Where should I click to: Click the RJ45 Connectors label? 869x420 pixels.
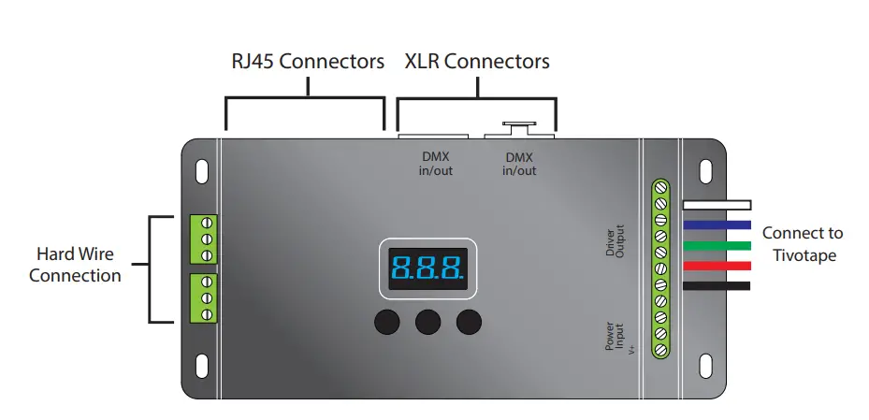point(308,62)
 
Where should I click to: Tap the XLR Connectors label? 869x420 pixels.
point(477,62)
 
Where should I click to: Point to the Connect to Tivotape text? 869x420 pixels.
point(803,242)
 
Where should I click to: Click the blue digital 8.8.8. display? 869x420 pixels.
point(427,268)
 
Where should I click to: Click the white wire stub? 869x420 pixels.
point(717,204)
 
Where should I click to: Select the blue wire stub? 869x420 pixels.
point(717,224)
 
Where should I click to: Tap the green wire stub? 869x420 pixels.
point(717,245)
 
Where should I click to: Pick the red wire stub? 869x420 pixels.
point(717,266)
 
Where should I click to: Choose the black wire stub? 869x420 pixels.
point(717,286)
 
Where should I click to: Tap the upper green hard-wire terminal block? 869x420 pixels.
point(203,239)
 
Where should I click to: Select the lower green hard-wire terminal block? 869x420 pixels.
point(203,297)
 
